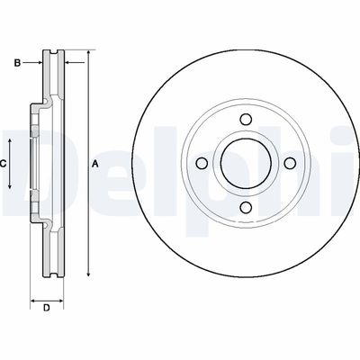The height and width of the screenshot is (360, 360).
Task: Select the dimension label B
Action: tap(16, 62)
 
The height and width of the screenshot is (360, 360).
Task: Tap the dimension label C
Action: tap(4, 163)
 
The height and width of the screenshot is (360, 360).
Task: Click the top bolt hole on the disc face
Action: tap(245, 120)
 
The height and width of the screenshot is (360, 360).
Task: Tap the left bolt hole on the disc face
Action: tap(202, 163)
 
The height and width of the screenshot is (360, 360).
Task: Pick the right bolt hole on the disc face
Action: tap(288, 163)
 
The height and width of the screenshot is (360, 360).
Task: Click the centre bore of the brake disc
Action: tap(245, 163)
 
